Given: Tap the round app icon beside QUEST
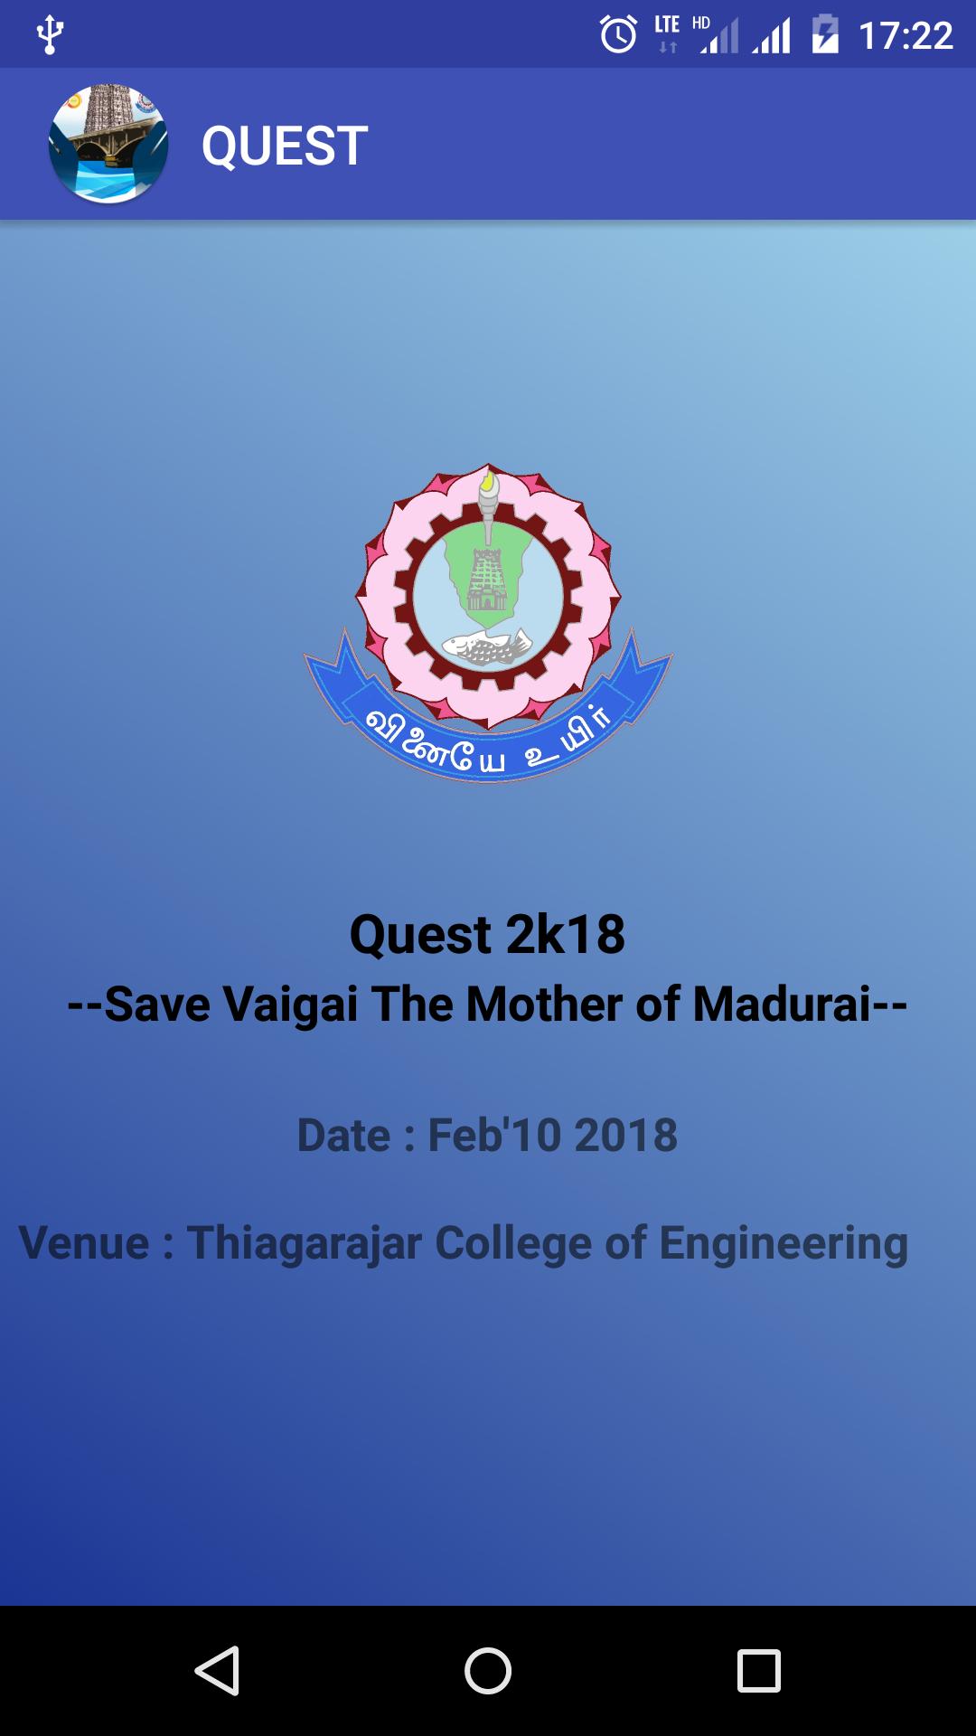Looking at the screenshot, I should coord(108,144).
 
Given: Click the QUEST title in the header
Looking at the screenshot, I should coord(284,146).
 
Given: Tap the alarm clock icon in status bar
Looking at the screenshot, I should coord(618,35).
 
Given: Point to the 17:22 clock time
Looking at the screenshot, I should coord(906,36).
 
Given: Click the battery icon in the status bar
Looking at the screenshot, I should coord(825,35).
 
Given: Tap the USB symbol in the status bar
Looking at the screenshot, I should coord(50,35).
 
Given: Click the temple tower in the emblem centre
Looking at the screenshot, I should coord(487,579).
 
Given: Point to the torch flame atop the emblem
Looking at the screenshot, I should coord(489,483).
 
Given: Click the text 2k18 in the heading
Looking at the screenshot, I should coord(566,934).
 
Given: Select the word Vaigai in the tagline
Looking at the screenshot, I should coord(290,1004).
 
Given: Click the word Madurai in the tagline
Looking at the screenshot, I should coord(783,1004).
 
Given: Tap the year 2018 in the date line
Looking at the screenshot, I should coord(625,1135).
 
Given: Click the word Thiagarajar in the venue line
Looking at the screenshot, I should coord(304,1242).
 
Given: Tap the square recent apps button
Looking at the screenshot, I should coord(758,1670).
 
